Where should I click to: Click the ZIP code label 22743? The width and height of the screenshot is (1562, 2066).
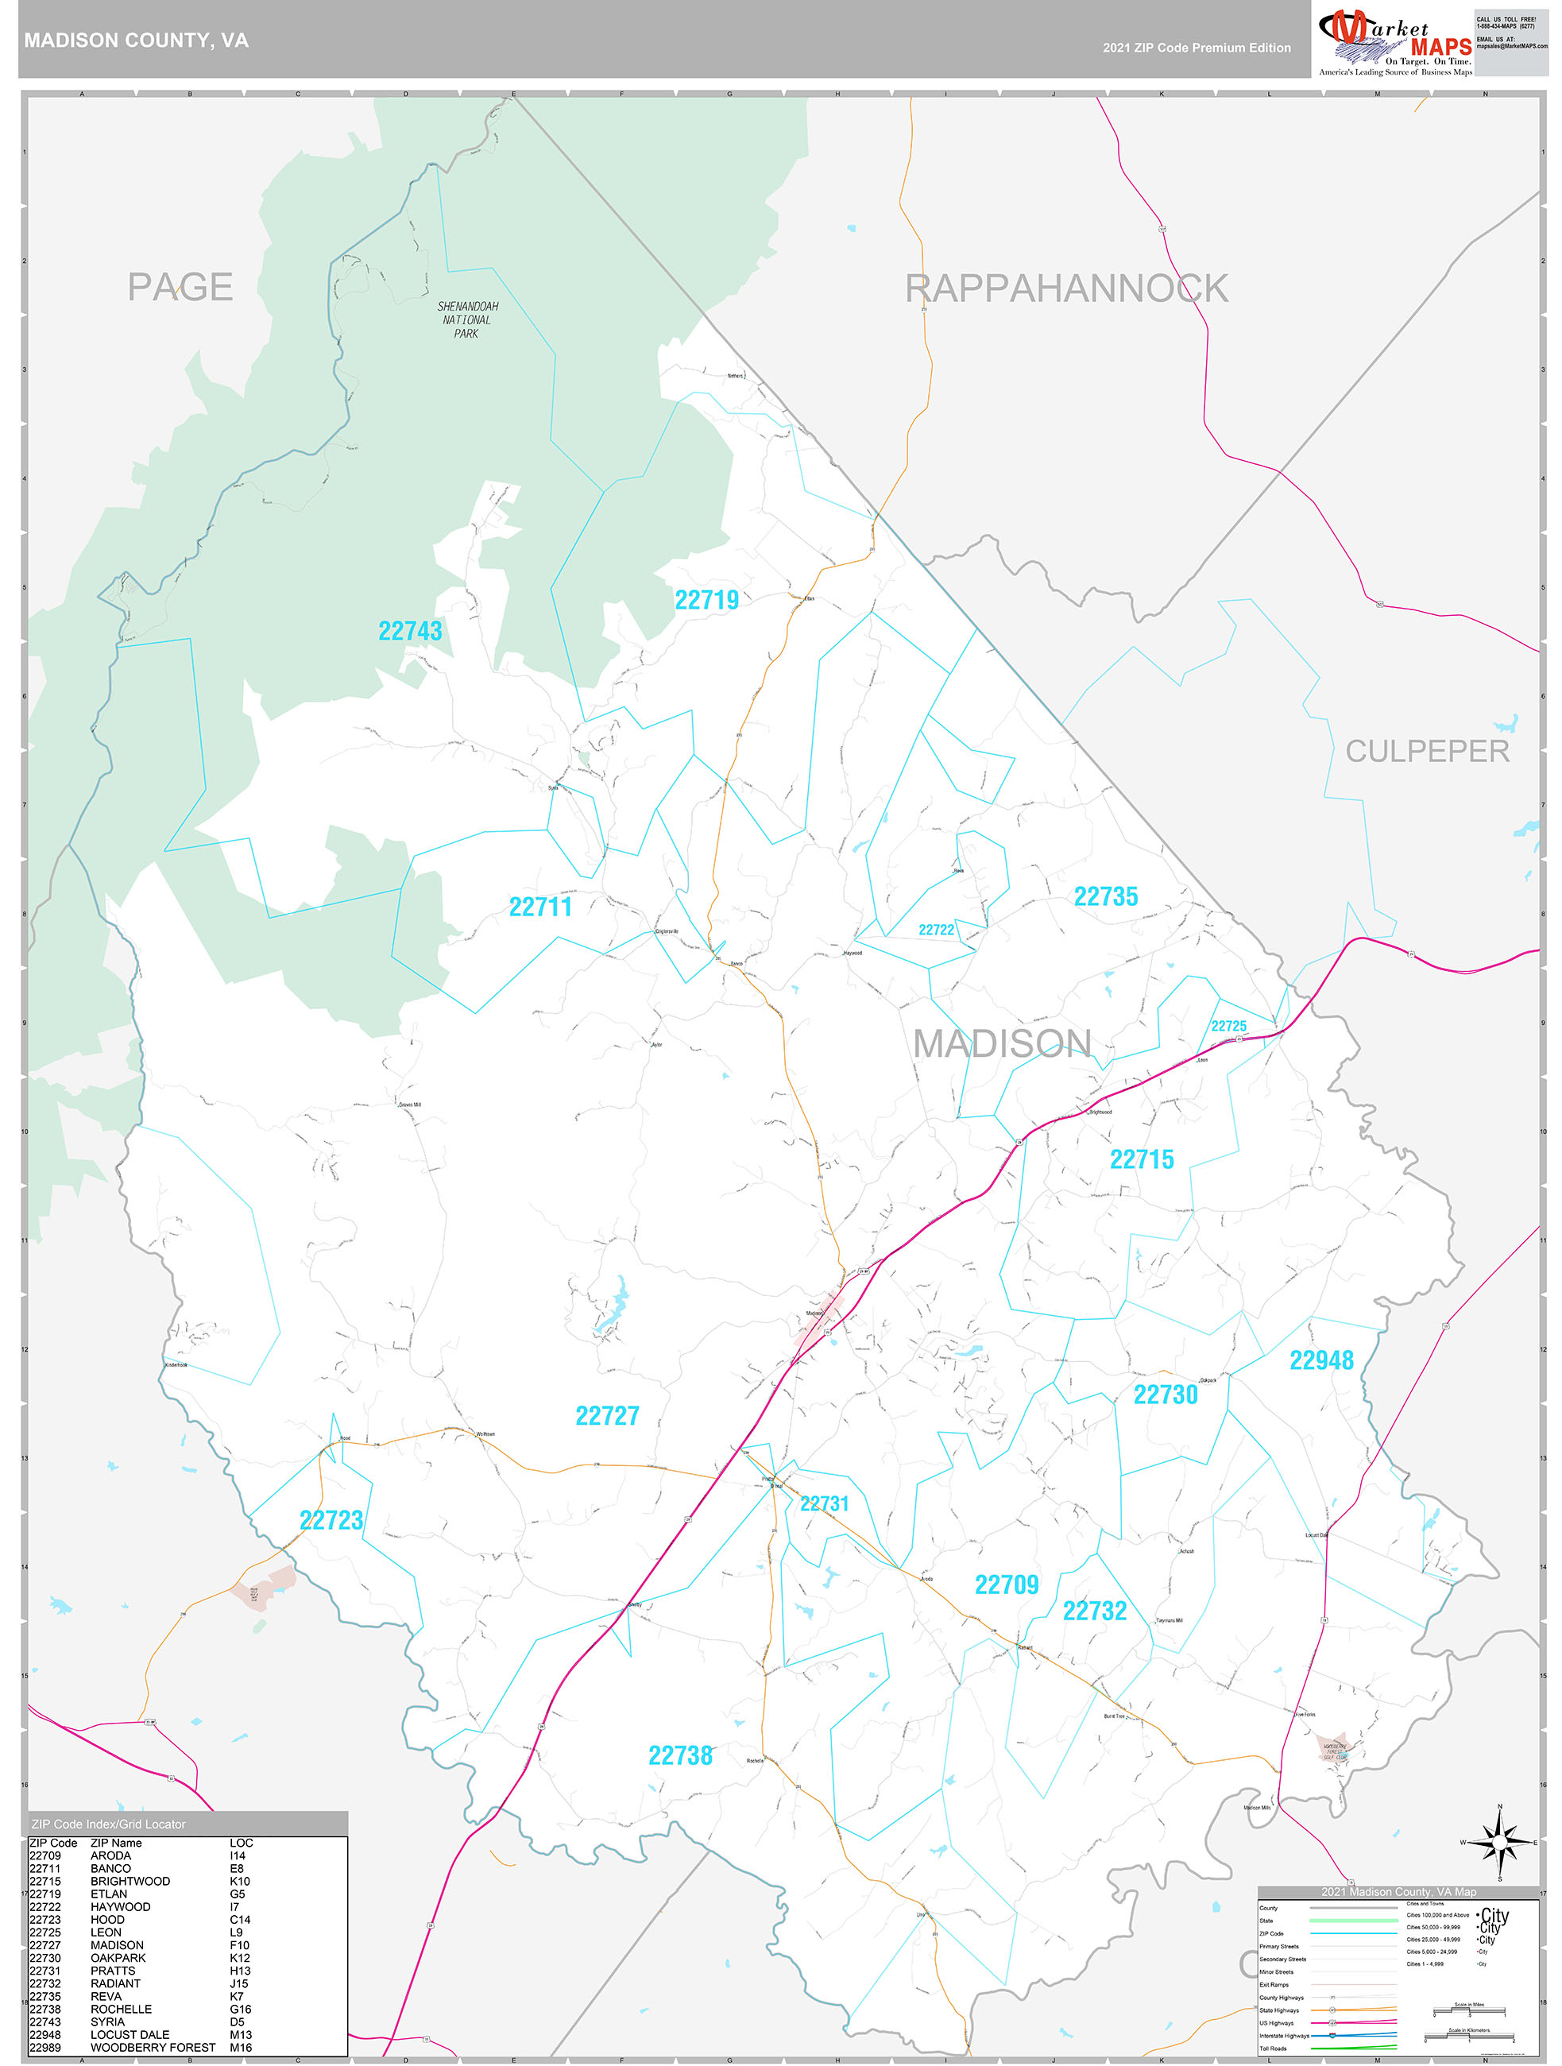(410, 632)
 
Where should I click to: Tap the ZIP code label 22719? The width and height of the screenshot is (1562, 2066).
(707, 601)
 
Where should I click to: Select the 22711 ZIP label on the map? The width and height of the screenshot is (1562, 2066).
(539, 907)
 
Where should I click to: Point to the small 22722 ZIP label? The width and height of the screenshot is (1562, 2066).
(937, 930)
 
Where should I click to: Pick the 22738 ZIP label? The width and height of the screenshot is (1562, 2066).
(681, 1756)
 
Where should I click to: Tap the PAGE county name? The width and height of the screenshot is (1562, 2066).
(180, 287)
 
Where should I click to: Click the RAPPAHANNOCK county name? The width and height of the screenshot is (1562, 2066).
(1066, 288)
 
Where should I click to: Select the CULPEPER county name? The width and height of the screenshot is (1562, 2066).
(1427, 751)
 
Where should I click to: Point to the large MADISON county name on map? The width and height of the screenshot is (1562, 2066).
(1002, 1043)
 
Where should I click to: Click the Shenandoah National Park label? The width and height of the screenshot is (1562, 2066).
(467, 319)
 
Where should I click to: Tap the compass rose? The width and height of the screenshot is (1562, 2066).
(1499, 1843)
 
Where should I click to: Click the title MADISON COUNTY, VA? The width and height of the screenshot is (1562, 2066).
(137, 41)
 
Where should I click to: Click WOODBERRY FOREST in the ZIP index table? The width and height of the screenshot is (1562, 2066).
(153, 2047)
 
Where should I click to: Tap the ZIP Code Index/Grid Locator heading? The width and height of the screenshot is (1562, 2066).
(108, 1824)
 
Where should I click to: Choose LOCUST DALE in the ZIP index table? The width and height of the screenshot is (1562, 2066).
(130, 2034)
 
